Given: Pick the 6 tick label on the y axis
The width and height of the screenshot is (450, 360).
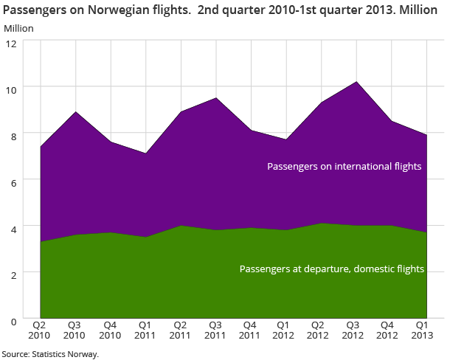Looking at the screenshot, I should tap(13, 180).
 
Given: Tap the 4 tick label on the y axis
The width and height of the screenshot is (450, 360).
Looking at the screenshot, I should tap(13, 226).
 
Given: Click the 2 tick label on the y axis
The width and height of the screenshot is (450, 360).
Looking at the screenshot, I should tap(13, 273).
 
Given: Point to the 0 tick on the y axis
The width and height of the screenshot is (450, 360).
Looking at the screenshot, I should tap(13, 319).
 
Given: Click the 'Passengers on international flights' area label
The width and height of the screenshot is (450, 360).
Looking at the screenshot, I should tap(344, 167).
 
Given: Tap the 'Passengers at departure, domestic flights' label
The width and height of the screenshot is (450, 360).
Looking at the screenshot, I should tap(332, 269).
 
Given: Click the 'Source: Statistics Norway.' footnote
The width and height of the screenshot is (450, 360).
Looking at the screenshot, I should tap(49, 354).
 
